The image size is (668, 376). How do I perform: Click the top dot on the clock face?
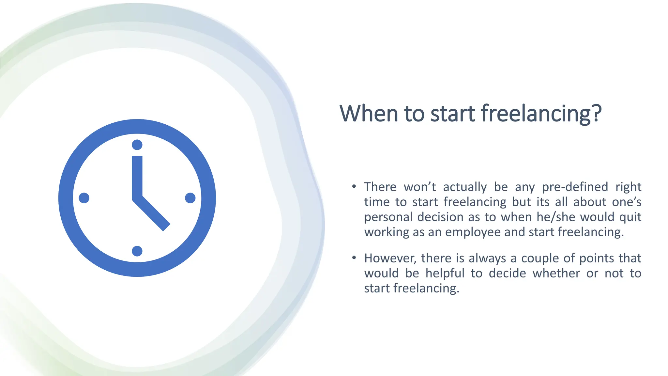click(137, 145)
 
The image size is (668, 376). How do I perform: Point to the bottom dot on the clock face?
click(137, 251)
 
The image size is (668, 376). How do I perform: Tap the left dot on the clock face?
click(84, 198)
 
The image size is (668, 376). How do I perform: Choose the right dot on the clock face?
click(190, 198)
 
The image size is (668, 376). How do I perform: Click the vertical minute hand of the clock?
click(137, 176)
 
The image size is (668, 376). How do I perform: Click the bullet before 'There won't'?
click(354, 187)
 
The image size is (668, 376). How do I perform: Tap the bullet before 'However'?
click(354, 258)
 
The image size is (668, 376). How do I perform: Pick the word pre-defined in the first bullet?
click(575, 187)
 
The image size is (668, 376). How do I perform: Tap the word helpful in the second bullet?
click(445, 273)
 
